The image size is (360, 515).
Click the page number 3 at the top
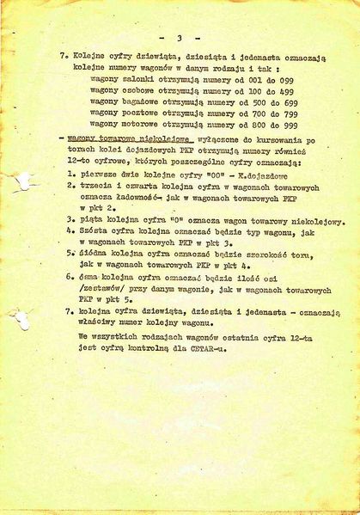(x=178, y=38)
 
